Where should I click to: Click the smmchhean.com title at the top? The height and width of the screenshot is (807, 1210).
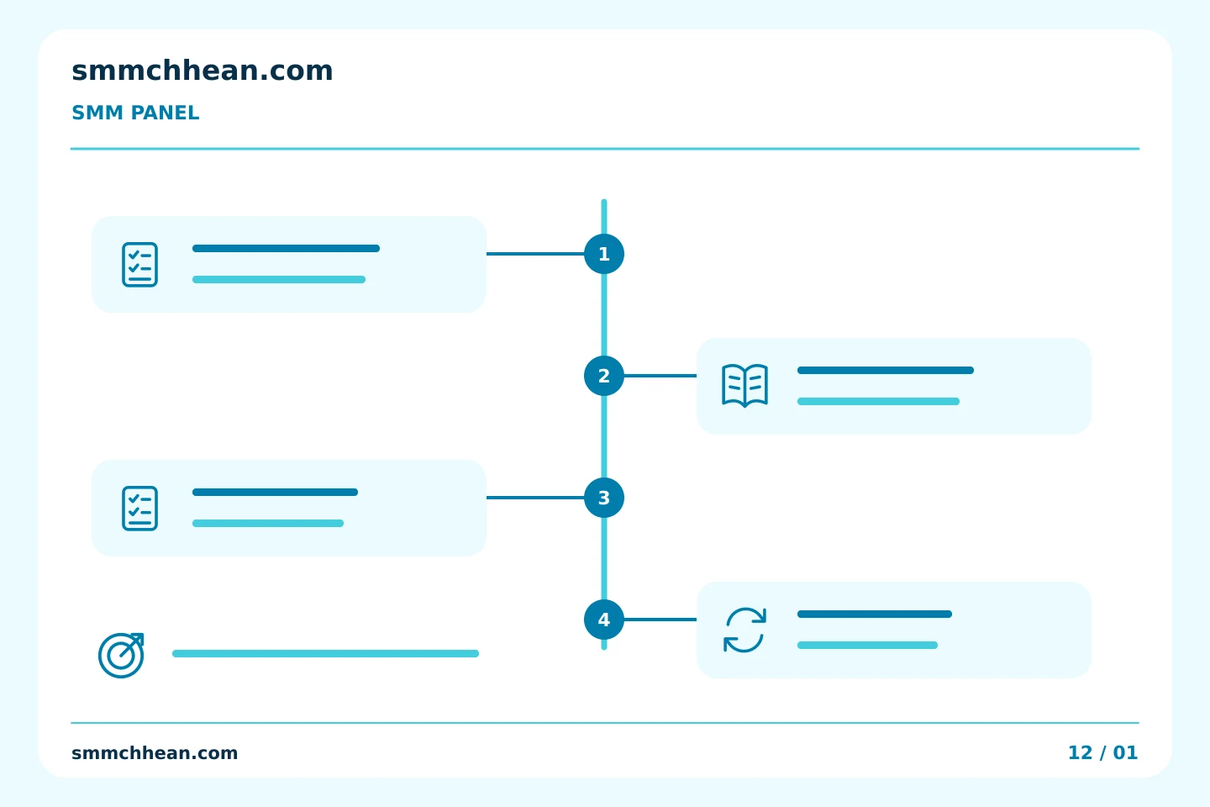[x=202, y=71]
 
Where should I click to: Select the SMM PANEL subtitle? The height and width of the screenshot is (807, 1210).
[x=135, y=113]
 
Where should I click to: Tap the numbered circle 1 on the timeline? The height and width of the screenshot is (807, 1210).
[x=604, y=254]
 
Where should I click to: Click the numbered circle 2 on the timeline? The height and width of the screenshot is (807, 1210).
[x=604, y=376]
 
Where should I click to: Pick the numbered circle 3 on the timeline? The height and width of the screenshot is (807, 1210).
[x=604, y=498]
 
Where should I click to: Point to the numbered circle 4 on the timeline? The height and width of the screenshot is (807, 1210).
[x=604, y=620]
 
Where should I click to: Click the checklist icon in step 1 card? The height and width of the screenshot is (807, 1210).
[x=139, y=264]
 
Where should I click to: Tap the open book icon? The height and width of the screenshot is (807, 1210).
[x=744, y=386]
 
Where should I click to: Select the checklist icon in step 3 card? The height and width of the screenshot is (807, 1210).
[x=139, y=508]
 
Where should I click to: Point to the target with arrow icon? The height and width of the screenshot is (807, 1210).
[x=121, y=655]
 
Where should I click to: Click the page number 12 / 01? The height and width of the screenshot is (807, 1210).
[x=1102, y=752]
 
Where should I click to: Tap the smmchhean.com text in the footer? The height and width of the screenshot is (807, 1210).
[x=155, y=753]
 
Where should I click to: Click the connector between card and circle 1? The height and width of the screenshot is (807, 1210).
[x=535, y=254]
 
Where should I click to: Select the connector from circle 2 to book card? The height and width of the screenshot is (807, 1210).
[x=660, y=376]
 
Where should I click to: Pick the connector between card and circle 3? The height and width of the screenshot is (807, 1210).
[x=535, y=498]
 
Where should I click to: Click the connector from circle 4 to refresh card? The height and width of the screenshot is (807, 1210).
[x=660, y=620]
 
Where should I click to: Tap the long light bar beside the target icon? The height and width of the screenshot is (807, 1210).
[x=325, y=653]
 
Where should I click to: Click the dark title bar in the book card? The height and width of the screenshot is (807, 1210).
[x=886, y=370]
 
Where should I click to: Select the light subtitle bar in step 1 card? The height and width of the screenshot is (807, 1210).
[x=279, y=279]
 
